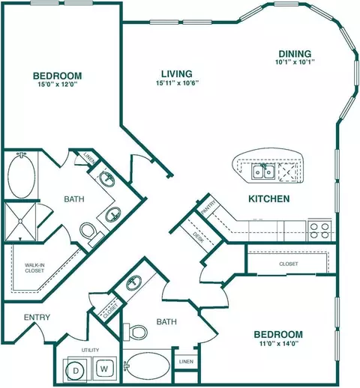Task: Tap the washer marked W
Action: point(104,369)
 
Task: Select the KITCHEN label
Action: point(269,198)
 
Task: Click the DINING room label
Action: point(295,54)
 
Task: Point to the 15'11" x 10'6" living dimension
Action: point(177,83)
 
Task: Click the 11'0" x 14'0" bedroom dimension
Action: point(278,343)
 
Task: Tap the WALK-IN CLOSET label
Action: point(34,268)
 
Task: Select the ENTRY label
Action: point(37,318)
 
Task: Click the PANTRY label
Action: point(208,207)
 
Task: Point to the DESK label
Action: point(199,237)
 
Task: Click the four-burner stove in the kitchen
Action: point(319,231)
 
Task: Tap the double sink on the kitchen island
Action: point(263,172)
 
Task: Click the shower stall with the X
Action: point(20,222)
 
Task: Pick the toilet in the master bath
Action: point(90,232)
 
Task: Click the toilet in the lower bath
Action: point(135,332)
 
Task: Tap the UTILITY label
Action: point(90,350)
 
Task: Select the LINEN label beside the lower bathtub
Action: point(186,361)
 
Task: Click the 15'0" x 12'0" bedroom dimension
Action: point(57,85)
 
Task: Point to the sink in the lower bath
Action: point(133,282)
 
